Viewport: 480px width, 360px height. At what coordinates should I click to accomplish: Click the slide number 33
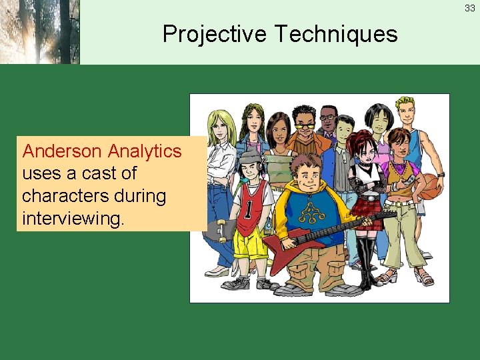click(470, 9)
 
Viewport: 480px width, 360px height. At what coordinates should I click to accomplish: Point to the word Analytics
click(145, 151)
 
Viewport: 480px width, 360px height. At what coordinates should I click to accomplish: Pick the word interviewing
click(73, 219)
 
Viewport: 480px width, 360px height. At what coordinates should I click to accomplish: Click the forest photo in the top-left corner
click(39, 32)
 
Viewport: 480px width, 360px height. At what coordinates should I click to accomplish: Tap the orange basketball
click(431, 187)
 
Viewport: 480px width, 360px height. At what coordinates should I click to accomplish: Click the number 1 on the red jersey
click(247, 209)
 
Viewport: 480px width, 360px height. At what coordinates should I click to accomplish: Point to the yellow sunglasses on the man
click(304, 125)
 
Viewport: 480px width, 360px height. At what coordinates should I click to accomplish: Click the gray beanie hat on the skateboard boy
click(249, 156)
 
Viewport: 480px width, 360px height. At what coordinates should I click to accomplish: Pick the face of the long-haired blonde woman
click(219, 127)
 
